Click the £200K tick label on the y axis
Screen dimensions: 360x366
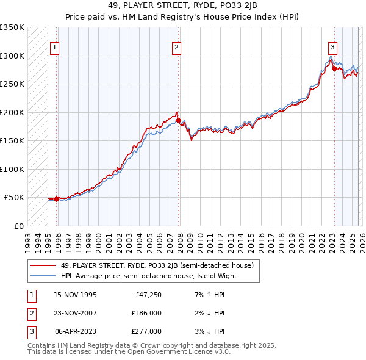point(12,113)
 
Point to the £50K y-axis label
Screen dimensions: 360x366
point(14,198)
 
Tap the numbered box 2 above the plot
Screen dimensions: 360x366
point(176,47)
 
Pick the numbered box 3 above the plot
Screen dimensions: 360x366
point(332,47)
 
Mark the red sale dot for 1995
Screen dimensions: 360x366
point(56,199)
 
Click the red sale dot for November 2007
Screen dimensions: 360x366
point(178,121)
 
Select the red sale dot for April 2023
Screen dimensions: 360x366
point(334,69)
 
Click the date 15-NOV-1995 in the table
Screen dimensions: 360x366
point(75,295)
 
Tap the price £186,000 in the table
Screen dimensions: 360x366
point(146,313)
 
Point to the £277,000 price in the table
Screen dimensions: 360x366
point(146,331)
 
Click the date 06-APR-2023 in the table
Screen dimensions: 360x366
point(75,331)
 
